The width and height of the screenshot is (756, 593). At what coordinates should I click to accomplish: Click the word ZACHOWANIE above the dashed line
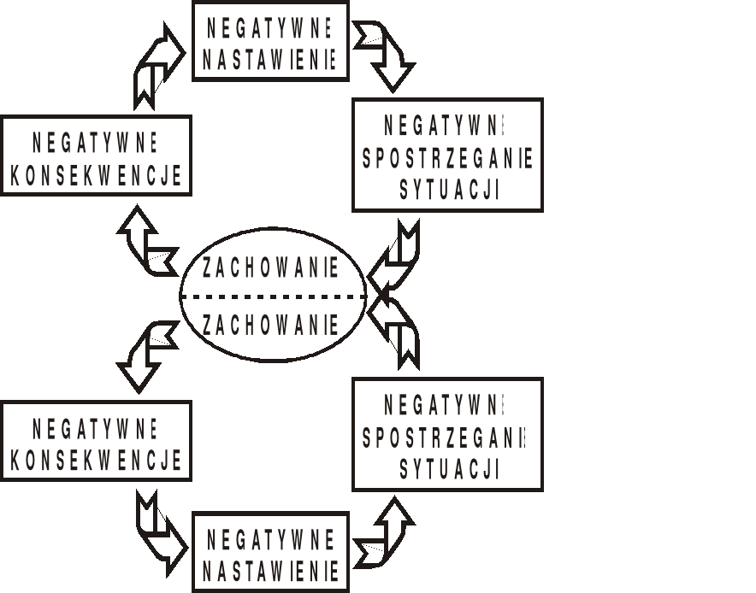(x=270, y=267)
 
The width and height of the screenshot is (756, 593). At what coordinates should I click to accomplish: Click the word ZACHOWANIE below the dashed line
(x=270, y=325)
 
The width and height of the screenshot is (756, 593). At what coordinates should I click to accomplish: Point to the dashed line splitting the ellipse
(x=274, y=296)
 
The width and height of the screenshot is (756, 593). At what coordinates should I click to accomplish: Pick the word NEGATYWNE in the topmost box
(x=270, y=26)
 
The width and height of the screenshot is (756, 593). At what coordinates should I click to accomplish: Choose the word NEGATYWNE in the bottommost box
(x=270, y=539)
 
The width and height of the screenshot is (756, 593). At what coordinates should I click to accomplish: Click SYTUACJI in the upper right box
(x=449, y=190)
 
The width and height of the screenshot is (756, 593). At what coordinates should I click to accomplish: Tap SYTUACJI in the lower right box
(x=449, y=469)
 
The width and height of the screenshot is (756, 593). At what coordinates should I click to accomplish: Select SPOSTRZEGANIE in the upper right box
(x=448, y=159)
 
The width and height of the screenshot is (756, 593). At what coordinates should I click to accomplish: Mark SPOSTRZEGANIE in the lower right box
(x=446, y=438)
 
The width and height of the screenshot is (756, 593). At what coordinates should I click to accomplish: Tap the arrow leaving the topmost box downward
(x=387, y=56)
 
